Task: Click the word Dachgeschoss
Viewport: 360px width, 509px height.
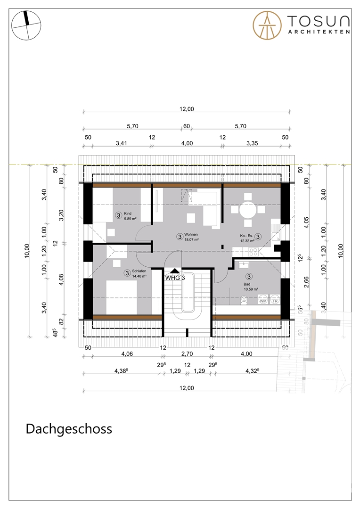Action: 69,429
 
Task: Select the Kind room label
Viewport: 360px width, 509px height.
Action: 127,213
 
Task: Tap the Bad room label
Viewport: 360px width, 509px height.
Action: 247,284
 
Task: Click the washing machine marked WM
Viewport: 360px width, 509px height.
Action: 263,300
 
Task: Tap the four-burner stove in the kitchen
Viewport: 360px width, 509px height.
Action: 253,252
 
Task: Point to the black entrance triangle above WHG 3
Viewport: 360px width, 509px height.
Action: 174,271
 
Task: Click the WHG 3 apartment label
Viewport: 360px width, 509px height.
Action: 175,278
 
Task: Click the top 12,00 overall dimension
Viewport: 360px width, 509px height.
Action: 187,109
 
